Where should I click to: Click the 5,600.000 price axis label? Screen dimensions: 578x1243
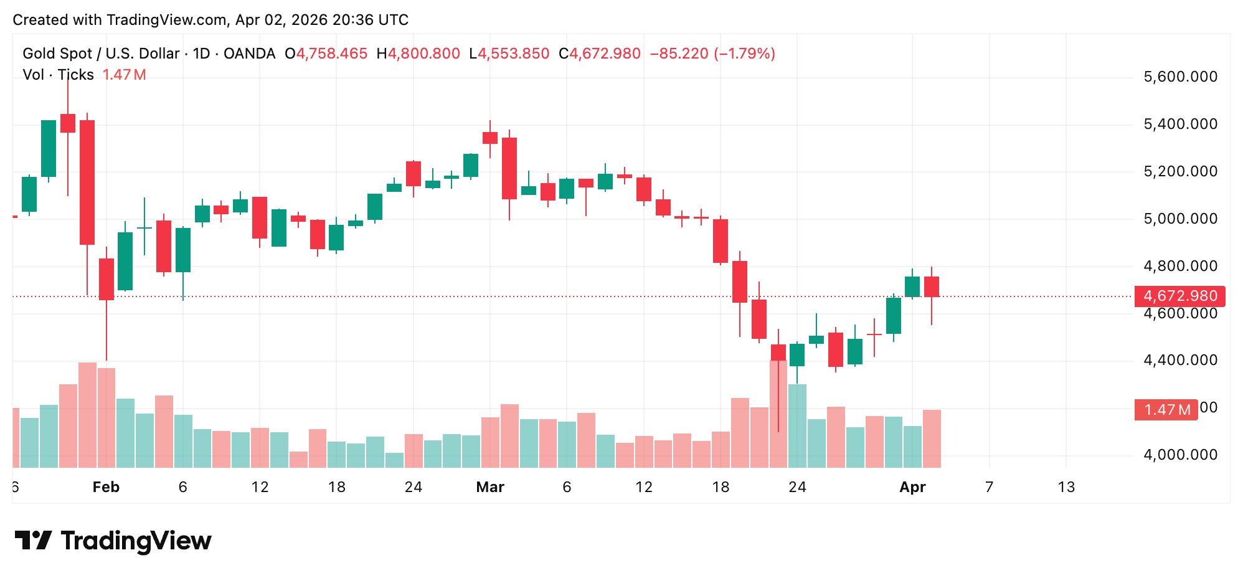1180,77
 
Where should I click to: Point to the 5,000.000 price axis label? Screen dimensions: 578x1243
1180,219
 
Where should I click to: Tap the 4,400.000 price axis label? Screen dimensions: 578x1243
1180,360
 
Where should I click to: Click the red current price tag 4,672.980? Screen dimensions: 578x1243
1179,296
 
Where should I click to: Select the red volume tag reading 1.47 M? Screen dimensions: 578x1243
1166,410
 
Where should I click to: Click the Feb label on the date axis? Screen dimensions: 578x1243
106,487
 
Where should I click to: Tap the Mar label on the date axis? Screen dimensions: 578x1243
490,487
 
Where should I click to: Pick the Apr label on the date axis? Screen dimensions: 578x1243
912,487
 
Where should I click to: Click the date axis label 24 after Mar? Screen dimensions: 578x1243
797,487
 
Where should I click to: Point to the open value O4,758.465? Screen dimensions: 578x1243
326,54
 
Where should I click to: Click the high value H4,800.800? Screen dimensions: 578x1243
418,54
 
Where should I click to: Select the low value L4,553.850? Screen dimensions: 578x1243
509,54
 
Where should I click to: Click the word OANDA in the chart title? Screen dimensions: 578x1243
249,54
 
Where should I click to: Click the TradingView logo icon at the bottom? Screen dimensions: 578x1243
33,540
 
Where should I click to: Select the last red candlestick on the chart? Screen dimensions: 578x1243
932,287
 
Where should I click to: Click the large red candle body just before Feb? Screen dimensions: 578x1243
87,182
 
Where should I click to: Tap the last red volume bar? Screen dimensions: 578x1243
932,438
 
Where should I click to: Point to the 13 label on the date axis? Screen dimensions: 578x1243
1066,487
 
